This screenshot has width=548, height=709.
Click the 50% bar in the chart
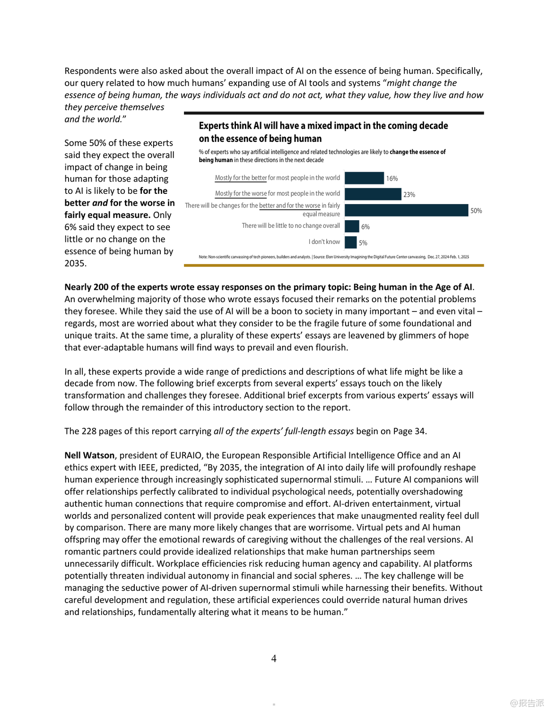click(x=406, y=210)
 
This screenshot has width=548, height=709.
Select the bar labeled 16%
click(x=364, y=178)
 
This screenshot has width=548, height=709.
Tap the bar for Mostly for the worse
click(x=373, y=194)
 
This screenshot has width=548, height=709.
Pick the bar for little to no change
click(x=352, y=226)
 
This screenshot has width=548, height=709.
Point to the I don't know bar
click(x=350, y=242)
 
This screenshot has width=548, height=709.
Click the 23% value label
click(x=409, y=195)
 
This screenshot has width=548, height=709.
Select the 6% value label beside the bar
click(x=365, y=227)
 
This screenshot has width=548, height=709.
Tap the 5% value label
click(x=363, y=243)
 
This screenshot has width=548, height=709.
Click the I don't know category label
click(x=324, y=242)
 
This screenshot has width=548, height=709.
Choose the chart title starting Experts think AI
click(x=323, y=132)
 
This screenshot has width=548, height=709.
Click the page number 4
click(x=274, y=658)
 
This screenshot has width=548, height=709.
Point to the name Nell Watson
click(x=89, y=455)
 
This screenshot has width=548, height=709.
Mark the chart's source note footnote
click(x=334, y=257)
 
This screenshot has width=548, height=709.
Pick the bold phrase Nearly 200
click(x=86, y=287)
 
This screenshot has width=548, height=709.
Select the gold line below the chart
click(x=334, y=266)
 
